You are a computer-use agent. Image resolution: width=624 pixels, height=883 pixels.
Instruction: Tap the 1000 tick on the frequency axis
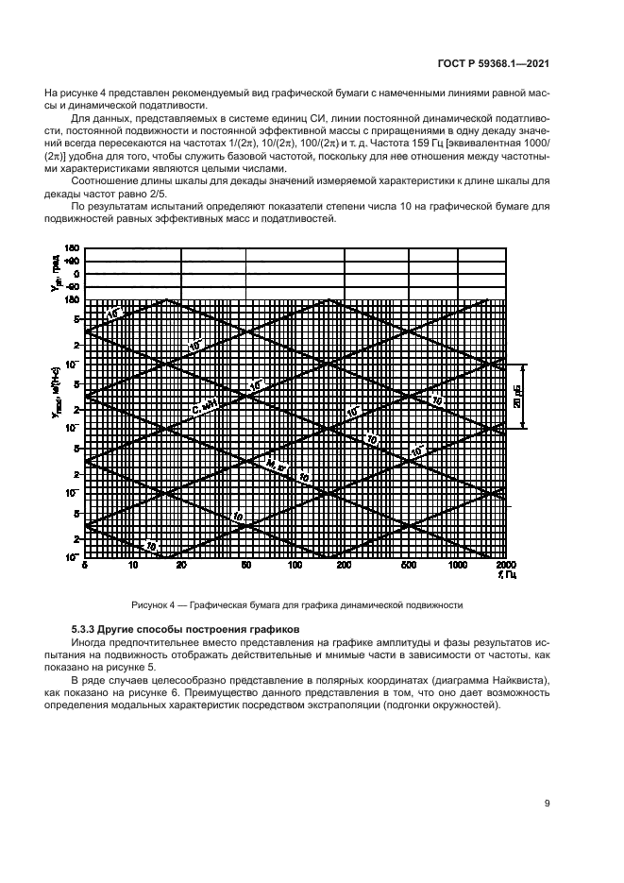click(x=458, y=564)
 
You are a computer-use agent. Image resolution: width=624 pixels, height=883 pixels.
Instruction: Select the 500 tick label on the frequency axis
click(x=409, y=564)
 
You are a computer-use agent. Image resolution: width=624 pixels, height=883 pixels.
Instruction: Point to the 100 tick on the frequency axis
click(x=295, y=564)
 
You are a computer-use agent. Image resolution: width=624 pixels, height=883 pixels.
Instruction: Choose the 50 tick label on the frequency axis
click(x=245, y=564)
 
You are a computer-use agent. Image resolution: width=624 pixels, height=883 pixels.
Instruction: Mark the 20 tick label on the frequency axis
click(x=181, y=564)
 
